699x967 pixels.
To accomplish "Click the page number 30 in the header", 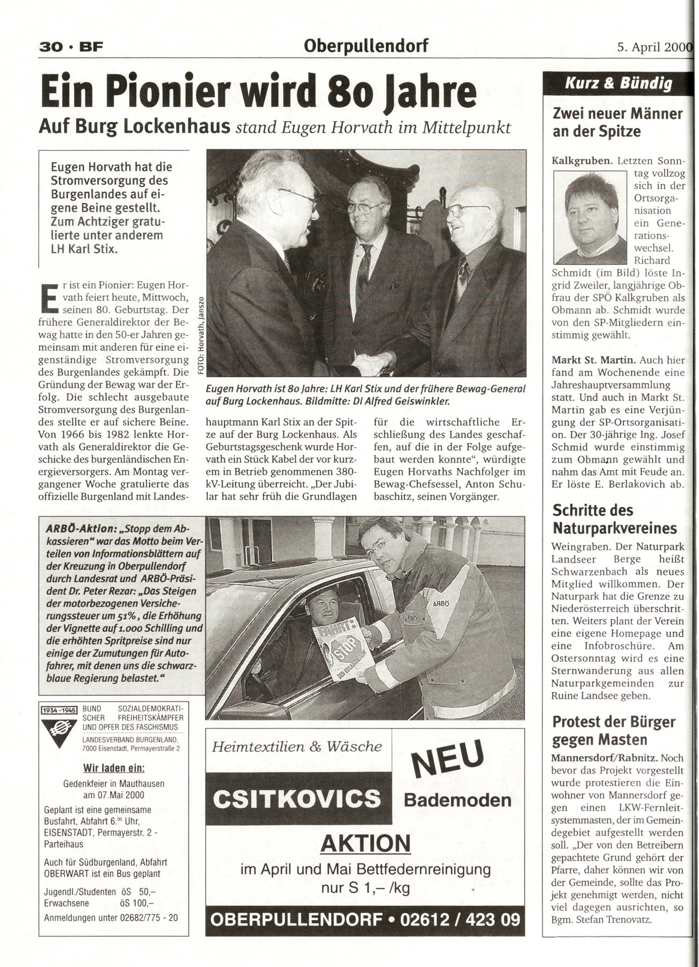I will pos(49,47).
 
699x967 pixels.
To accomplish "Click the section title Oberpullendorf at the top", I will pos(366,46).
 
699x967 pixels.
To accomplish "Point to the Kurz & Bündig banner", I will pos(618,83).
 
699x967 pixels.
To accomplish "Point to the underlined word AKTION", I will pos(365,844).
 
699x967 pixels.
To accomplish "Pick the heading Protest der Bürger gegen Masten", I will pos(614,731).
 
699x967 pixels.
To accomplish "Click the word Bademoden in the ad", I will pos(457,800).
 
